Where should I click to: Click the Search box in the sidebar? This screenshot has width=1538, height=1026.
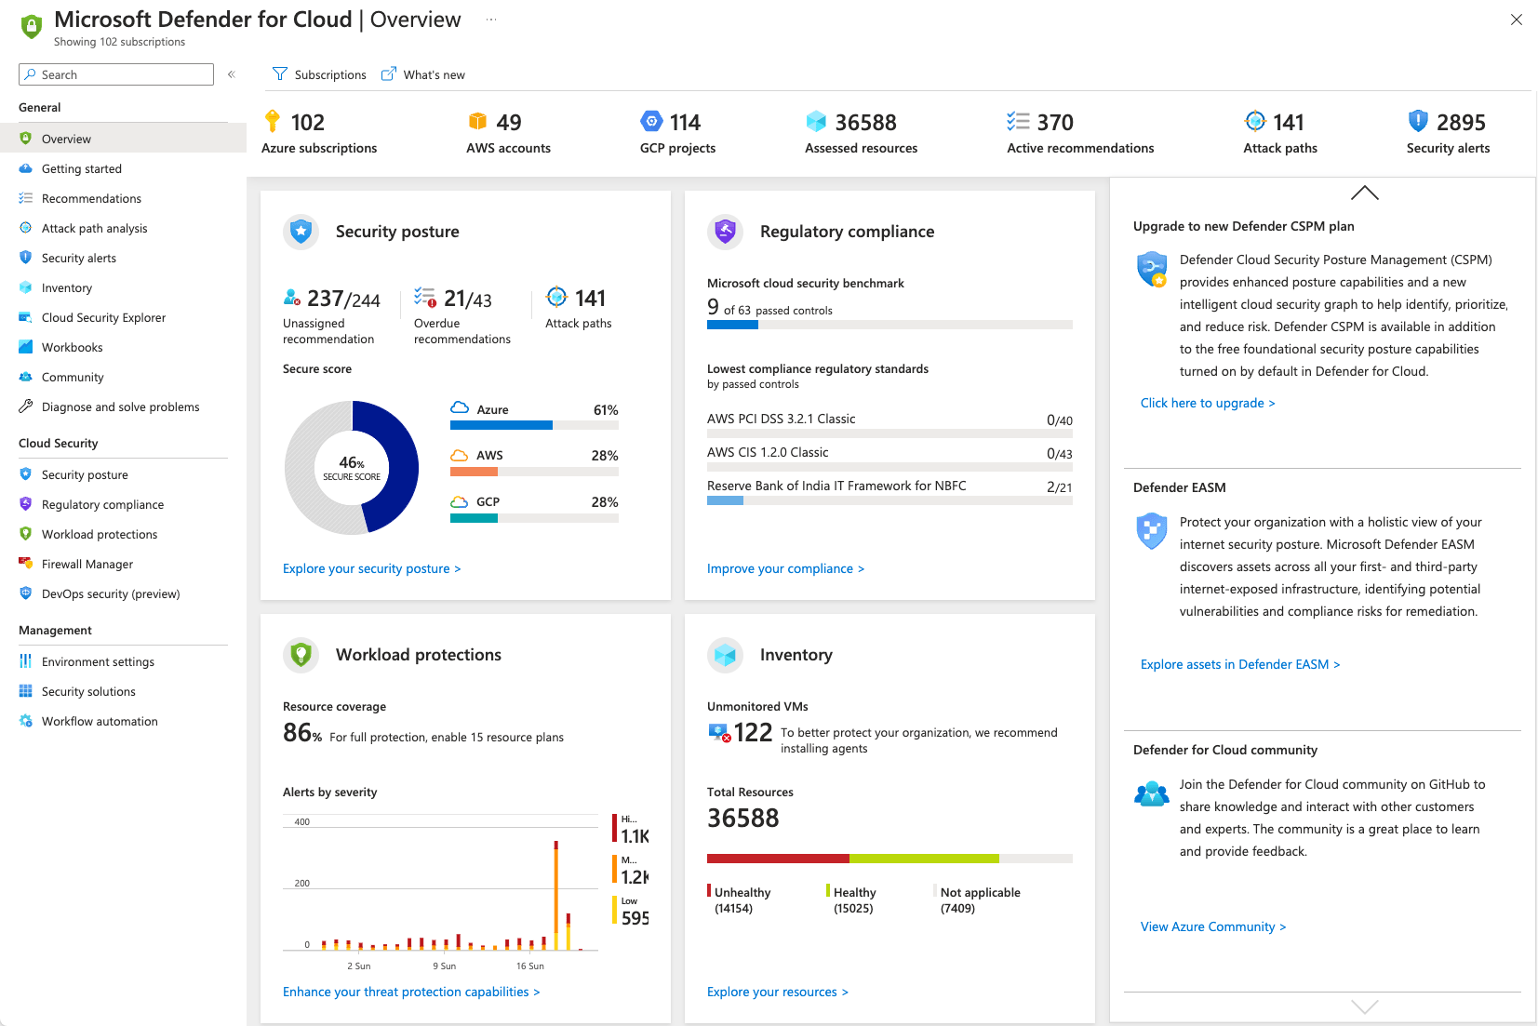(x=116, y=74)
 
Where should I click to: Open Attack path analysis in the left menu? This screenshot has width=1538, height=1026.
(x=94, y=228)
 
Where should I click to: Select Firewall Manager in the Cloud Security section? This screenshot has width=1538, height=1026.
(x=87, y=564)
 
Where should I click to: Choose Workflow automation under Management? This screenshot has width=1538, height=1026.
(x=99, y=721)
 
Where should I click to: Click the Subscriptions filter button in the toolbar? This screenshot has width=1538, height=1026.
(x=319, y=74)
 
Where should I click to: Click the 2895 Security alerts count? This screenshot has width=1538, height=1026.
(x=1460, y=123)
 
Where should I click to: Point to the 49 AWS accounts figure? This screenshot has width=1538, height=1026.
(x=508, y=123)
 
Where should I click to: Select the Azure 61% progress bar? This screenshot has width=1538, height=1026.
(x=534, y=425)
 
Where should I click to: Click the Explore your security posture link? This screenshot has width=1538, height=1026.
(x=371, y=568)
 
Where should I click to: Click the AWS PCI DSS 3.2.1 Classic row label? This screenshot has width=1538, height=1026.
(x=781, y=419)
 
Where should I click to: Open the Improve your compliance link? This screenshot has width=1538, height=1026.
(x=785, y=568)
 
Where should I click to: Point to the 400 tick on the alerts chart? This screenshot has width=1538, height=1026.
(x=302, y=821)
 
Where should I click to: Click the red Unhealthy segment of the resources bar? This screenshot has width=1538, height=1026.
(x=777, y=859)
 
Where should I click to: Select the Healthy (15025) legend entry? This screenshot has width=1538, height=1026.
(x=853, y=899)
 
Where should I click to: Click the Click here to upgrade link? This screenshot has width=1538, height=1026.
(x=1207, y=403)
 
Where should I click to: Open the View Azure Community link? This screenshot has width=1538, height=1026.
(x=1212, y=926)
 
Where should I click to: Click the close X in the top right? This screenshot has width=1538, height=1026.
(x=1516, y=20)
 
